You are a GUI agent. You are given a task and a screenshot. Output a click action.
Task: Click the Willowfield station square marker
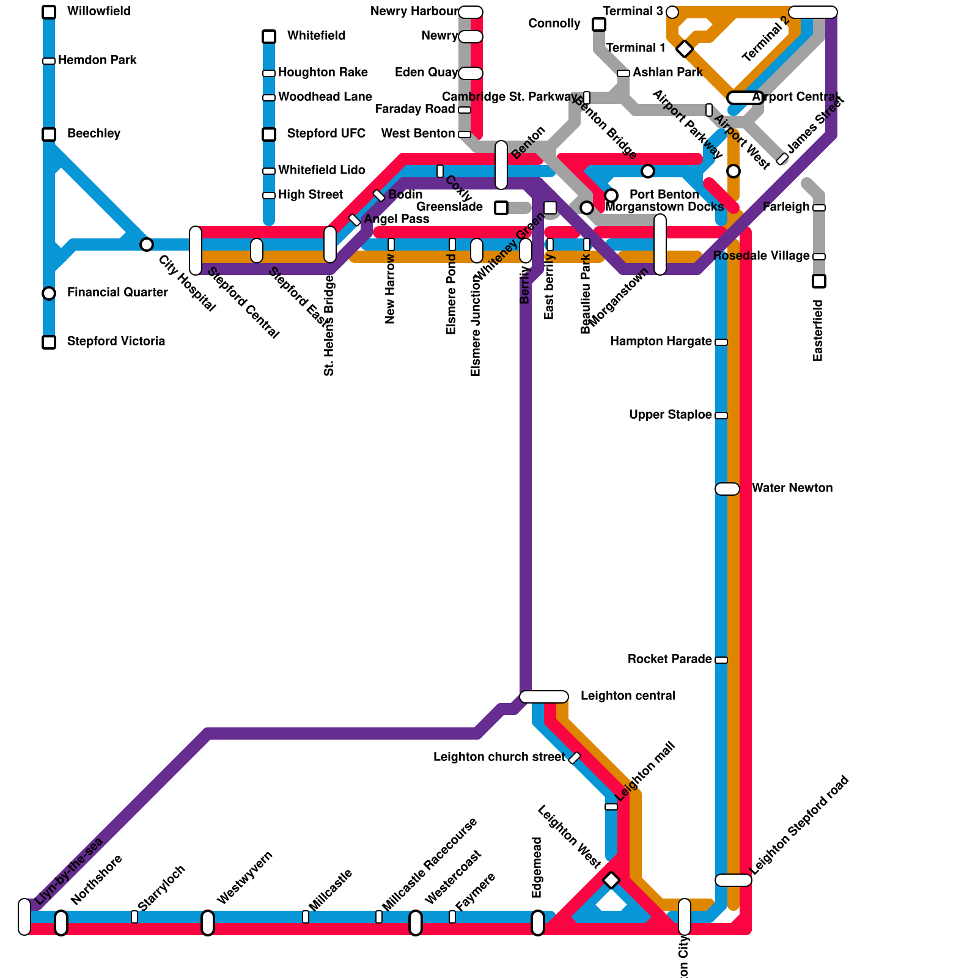tap(49, 12)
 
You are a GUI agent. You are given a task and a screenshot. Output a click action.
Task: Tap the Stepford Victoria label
tap(116, 341)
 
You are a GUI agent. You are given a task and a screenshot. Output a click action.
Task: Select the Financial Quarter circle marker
tap(49, 293)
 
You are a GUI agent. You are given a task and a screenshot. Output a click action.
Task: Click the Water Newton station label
tap(792, 488)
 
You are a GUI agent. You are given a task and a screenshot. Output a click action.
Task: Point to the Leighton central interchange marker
tap(544, 697)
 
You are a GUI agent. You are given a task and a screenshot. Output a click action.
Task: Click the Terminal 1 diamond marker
tap(685, 49)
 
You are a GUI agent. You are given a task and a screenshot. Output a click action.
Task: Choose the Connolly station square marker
tap(599, 24)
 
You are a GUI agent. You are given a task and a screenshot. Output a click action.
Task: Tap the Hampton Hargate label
tap(660, 341)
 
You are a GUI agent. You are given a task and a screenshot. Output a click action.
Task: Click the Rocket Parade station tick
tap(721, 660)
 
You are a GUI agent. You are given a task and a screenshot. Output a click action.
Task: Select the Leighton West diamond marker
tap(611, 880)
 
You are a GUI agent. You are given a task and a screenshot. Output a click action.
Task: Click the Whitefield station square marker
tap(269, 37)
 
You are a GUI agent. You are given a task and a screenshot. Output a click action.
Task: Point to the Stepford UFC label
tap(326, 133)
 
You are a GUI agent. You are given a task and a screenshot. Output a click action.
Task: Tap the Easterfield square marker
tap(819, 281)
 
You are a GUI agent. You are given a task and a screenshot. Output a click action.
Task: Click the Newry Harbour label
tap(414, 11)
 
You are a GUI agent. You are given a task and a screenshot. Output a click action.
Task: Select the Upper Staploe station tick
tap(721, 416)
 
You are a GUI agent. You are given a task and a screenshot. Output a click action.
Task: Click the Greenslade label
tap(449, 207)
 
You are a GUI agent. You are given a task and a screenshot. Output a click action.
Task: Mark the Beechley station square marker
tap(49, 134)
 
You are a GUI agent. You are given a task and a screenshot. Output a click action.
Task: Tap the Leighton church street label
tap(499, 757)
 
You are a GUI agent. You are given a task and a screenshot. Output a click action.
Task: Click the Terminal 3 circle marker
tap(672, 12)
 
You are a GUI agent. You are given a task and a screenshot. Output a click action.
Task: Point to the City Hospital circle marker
tap(147, 244)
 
